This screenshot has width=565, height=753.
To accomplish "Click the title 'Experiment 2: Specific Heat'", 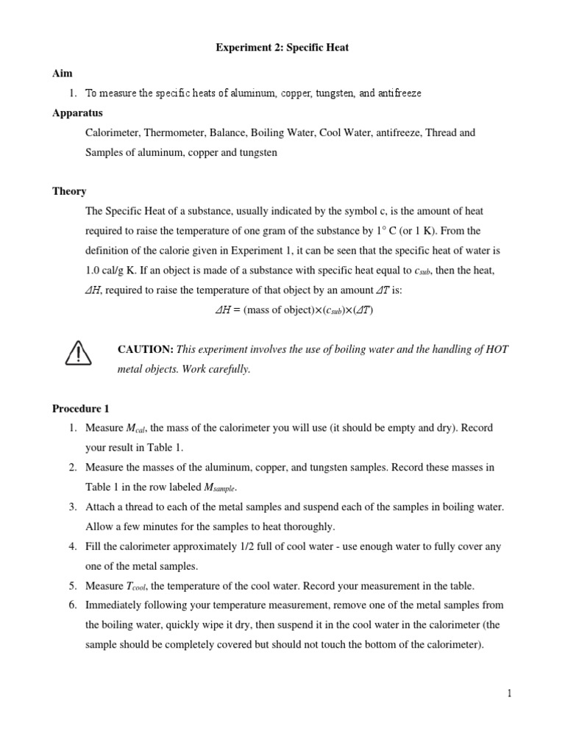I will click(282, 48).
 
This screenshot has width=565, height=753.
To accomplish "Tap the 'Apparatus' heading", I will click(77, 113).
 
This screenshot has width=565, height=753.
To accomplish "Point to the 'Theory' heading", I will click(69, 191).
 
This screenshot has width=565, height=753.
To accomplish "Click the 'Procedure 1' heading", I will click(81, 408).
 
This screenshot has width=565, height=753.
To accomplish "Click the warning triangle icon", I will click(78, 354).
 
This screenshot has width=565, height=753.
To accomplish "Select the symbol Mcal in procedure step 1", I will click(138, 428).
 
